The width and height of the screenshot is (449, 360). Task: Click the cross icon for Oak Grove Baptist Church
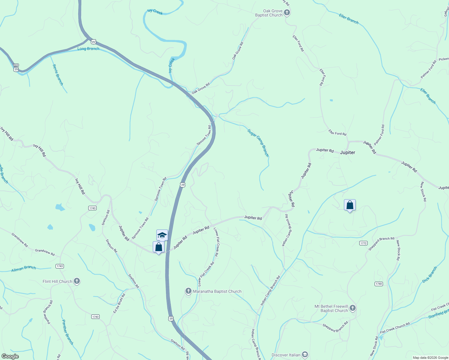[287, 13]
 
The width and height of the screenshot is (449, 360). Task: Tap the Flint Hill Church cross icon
[77, 281]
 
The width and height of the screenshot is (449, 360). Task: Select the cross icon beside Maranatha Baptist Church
[188, 291]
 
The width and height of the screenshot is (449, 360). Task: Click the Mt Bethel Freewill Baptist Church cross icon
[353, 308]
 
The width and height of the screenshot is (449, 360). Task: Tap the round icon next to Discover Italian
[305, 355]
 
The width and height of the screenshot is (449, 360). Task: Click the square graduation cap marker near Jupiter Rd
[162, 235]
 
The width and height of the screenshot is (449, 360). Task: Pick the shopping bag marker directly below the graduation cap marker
[158, 247]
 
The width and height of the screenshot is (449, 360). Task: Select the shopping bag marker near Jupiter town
[350, 205]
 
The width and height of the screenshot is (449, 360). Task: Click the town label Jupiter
[348, 152]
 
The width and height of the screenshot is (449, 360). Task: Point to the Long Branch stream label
[88, 49]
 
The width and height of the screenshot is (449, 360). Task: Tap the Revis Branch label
[58, 75]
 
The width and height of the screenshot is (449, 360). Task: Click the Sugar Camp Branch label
[258, 143]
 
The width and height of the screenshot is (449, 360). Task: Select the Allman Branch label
[24, 268]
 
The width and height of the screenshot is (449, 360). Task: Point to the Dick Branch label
[429, 274]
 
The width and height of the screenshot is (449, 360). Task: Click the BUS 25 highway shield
[16, 67]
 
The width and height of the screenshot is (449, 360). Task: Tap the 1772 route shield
[363, 243]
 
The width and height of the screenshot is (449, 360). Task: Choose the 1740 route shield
[379, 284]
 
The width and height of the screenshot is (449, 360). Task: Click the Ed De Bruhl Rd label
[119, 303]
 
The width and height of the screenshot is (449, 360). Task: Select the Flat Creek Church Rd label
[395, 328]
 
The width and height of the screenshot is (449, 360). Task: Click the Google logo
[10, 356]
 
